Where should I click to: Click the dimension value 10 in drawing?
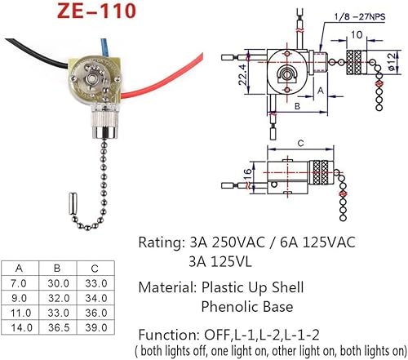pos(357,35)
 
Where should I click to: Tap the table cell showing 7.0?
pos(21,282)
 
